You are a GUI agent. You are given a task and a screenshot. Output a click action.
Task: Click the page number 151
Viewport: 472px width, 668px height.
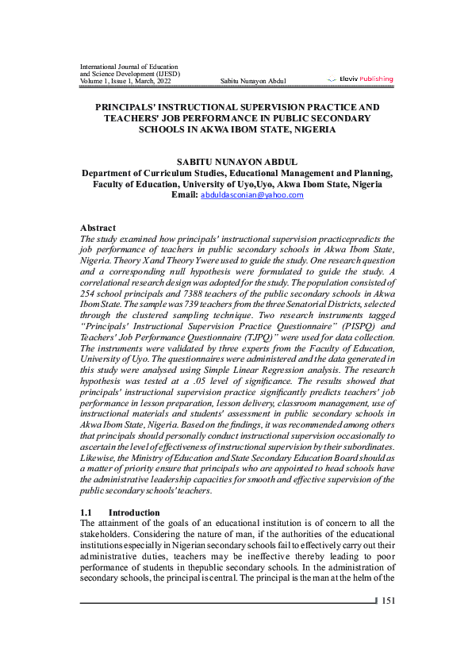click(x=388, y=601)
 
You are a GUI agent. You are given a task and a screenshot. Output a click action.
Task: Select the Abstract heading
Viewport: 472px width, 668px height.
click(x=98, y=228)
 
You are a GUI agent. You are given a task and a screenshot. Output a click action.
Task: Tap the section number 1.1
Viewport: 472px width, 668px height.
click(x=87, y=513)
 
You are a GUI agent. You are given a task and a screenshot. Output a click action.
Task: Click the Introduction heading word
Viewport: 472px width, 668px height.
click(x=134, y=513)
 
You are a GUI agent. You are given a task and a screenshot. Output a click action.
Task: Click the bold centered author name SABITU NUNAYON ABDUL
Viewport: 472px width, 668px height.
click(x=236, y=161)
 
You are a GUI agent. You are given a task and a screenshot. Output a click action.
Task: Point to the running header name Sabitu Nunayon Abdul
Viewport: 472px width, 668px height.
click(x=253, y=81)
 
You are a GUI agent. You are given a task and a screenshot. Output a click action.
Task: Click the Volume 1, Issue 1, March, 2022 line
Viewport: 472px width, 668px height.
click(x=125, y=81)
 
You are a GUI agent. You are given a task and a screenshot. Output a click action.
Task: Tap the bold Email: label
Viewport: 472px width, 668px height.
click(x=184, y=194)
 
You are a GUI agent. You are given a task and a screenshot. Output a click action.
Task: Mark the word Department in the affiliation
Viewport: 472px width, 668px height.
click(x=111, y=172)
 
